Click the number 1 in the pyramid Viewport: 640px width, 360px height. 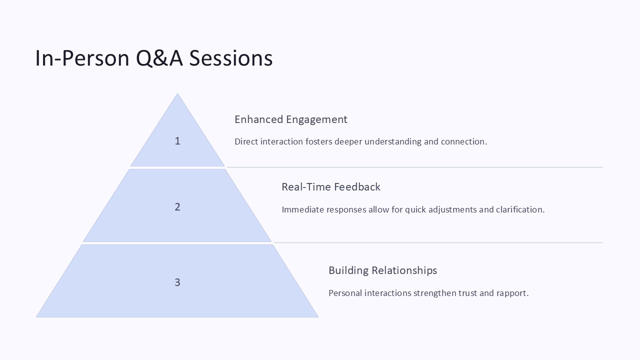[177, 141]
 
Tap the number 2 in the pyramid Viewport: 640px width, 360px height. [177, 207]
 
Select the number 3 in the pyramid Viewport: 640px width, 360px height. [177, 282]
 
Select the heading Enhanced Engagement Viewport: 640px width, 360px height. [290, 119]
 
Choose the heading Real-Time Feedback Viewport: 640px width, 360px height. [330, 187]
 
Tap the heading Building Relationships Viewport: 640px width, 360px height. [382, 270]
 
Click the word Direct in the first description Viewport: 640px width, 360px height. [247, 141]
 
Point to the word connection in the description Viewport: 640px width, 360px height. [463, 141]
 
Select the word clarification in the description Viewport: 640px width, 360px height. [520, 209]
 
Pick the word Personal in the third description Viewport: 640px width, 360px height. [345, 293]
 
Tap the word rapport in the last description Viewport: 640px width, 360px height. [512, 293]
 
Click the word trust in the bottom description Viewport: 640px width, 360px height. [467, 293]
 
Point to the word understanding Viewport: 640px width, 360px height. [393, 141]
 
